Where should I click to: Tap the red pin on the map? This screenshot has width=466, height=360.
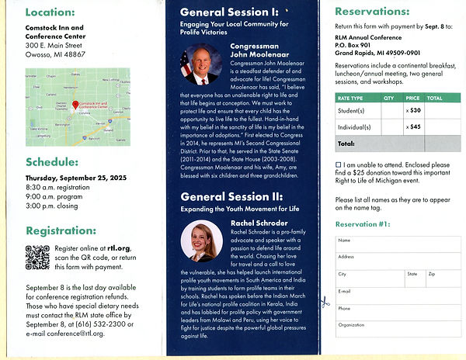click(75, 104)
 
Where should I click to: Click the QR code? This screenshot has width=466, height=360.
click(37, 257)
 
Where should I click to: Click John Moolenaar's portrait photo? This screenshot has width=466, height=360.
click(200, 65)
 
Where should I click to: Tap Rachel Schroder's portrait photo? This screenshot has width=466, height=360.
click(201, 240)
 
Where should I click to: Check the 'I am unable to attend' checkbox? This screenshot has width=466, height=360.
click(339, 165)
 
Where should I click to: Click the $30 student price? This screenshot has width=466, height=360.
click(415, 110)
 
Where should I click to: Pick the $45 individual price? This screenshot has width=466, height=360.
click(415, 126)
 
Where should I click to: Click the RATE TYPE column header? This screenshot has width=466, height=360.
click(350, 99)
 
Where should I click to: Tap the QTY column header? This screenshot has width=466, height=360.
click(389, 99)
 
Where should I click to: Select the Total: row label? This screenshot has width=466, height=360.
click(347, 144)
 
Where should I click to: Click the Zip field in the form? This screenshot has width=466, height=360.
click(443, 279)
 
